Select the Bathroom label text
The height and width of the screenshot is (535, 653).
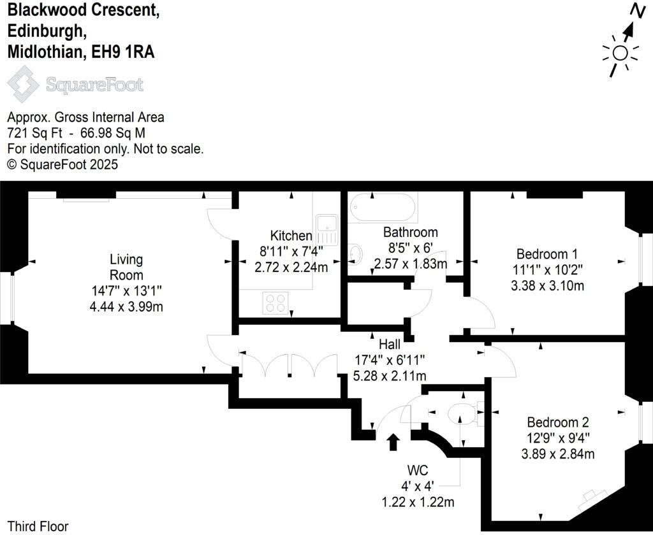(x=410, y=232)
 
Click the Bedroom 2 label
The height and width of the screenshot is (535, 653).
(x=557, y=422)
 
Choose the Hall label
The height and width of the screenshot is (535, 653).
(x=390, y=345)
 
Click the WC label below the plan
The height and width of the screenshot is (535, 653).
(x=417, y=471)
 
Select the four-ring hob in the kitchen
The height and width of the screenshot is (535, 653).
(x=275, y=302)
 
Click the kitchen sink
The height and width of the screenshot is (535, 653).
(x=327, y=223)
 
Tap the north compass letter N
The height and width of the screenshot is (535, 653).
(x=636, y=11)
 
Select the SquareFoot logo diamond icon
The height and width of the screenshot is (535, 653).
(x=23, y=85)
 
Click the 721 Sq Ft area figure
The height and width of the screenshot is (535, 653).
(x=31, y=133)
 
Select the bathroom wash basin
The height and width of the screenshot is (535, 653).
(x=355, y=255)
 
